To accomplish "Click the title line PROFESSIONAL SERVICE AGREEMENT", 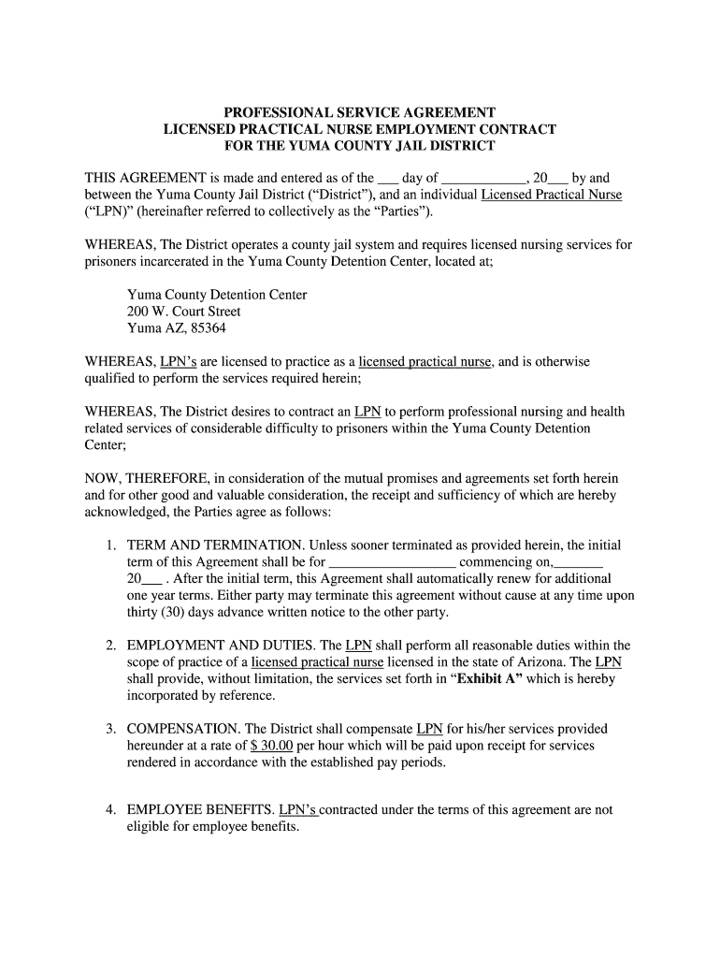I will coord(359,111).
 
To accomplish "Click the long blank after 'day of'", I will coord(482,178).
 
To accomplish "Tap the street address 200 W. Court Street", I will coord(184,312).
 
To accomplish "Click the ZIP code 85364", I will coord(208,329).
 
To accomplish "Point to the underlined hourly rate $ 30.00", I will coord(272,746).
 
